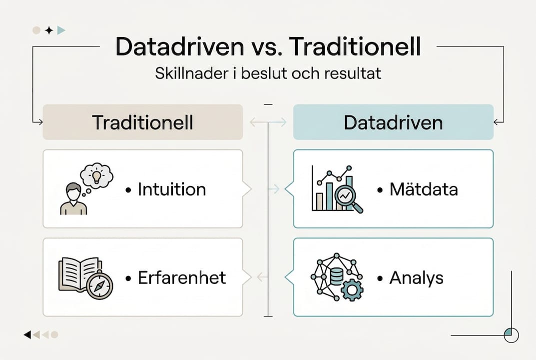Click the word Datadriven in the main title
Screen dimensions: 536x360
click(x=180, y=46)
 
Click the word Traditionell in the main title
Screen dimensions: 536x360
click(x=355, y=46)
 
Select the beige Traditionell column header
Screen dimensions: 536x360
click(x=143, y=122)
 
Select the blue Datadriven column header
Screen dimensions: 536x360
click(x=393, y=122)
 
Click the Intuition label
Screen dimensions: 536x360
click(x=172, y=189)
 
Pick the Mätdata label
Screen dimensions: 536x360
click(x=424, y=189)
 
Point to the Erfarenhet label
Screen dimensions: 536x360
click(x=182, y=277)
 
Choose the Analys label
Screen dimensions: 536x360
click(x=416, y=278)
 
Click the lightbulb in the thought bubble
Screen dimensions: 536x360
click(x=97, y=176)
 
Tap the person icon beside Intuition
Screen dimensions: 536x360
click(x=73, y=199)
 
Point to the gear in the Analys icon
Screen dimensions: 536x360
click(x=352, y=290)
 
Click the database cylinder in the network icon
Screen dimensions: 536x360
click(x=337, y=276)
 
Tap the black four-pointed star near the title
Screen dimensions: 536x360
click(x=49, y=30)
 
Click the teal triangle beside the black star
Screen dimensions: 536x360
click(x=61, y=30)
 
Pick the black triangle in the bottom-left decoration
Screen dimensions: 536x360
click(x=27, y=334)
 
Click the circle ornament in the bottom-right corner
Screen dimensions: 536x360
click(x=512, y=335)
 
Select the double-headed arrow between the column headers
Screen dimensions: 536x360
click(x=268, y=122)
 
